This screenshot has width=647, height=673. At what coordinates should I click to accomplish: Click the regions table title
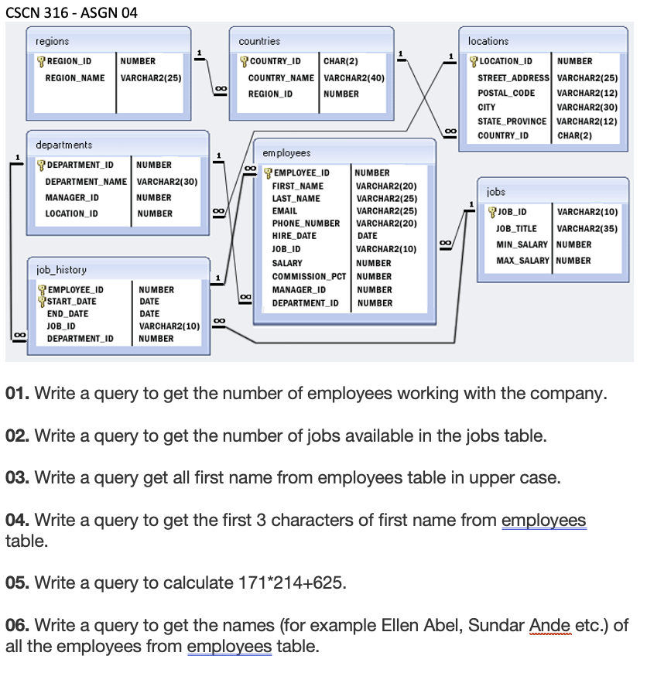click(52, 41)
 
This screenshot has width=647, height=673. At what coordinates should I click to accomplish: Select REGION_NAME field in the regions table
click(75, 78)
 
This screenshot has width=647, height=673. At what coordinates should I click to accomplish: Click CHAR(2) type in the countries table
click(340, 61)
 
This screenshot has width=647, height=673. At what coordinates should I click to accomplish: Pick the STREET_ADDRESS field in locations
click(513, 78)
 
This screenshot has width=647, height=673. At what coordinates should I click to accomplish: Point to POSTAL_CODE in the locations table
click(506, 93)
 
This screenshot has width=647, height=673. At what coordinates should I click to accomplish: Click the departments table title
click(63, 145)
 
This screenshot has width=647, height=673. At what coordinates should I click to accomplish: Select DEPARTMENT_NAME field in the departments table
click(86, 181)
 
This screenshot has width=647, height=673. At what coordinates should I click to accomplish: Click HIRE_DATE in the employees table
click(294, 236)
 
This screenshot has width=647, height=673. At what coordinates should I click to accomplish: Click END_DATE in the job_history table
click(67, 313)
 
